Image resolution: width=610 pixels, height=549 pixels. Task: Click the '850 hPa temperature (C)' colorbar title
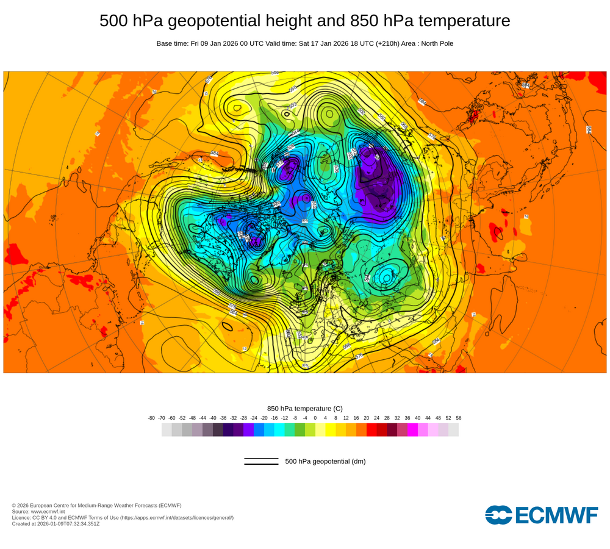[x=305, y=408]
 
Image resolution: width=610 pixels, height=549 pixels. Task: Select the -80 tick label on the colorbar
[x=151, y=418]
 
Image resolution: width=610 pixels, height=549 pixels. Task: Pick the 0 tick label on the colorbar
[x=315, y=418]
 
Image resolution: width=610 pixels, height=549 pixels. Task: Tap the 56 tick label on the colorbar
[x=458, y=418]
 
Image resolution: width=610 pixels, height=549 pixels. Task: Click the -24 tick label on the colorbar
[x=254, y=418]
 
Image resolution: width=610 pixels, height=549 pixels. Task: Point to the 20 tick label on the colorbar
[x=367, y=418]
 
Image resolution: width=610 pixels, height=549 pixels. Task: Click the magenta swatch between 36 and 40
[x=412, y=429]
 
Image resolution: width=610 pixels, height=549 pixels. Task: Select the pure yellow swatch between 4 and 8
[x=331, y=429]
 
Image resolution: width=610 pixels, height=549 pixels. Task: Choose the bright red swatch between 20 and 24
[x=371, y=429]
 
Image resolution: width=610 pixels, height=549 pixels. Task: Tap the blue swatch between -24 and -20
[x=259, y=429]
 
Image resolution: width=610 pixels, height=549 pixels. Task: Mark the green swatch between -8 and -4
[x=300, y=429]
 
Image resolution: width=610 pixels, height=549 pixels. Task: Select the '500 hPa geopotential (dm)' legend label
[x=325, y=461]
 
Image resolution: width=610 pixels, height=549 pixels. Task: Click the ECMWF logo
[x=542, y=514]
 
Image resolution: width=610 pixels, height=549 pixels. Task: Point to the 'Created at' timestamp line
[x=56, y=523]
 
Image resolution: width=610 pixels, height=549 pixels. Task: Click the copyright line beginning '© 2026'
[x=96, y=505]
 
